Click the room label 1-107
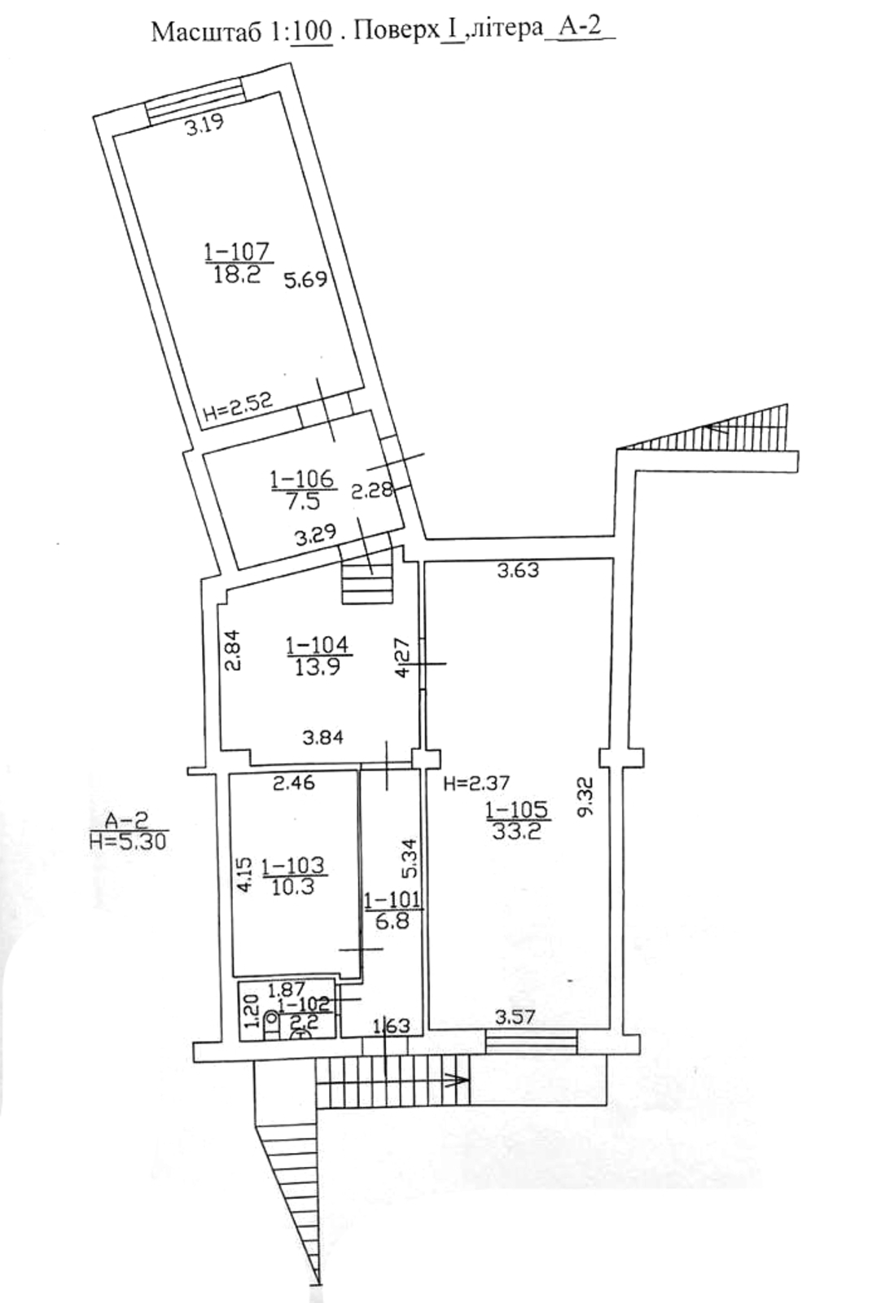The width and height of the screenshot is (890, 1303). coord(238,252)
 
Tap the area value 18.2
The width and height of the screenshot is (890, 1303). coord(237,274)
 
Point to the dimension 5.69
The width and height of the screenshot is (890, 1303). coord(306,280)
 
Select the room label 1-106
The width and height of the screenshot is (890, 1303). coord(303,480)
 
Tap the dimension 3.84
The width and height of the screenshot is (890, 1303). coord(323,738)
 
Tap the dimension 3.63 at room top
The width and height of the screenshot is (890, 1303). coord(519,571)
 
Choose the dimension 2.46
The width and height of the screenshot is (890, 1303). coord(294,783)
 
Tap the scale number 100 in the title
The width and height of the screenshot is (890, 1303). coord(313,33)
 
